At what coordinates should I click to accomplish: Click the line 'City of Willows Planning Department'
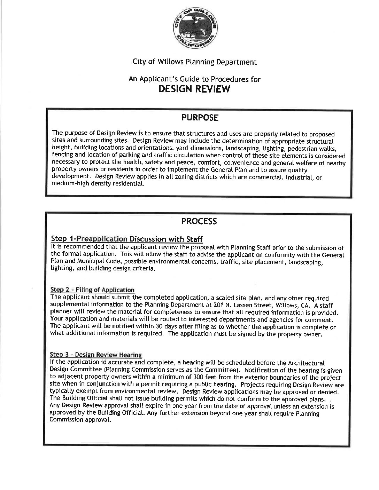click(x=195, y=62)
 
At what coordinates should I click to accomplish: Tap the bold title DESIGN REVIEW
click(x=194, y=89)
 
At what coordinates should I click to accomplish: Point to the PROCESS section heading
click(x=199, y=221)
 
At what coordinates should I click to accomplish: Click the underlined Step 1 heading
click(x=127, y=239)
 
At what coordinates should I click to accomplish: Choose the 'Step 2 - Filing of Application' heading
click(x=92, y=290)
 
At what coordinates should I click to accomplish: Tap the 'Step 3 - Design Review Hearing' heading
click(x=96, y=355)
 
